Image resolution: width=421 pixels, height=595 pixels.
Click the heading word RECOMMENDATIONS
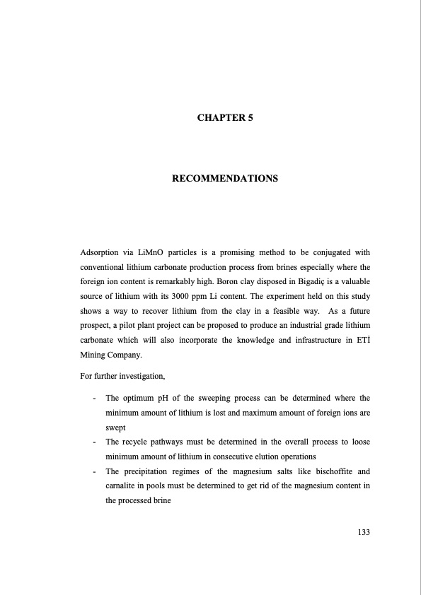coord(225,179)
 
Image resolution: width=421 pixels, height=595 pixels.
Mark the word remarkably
coord(185,285)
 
